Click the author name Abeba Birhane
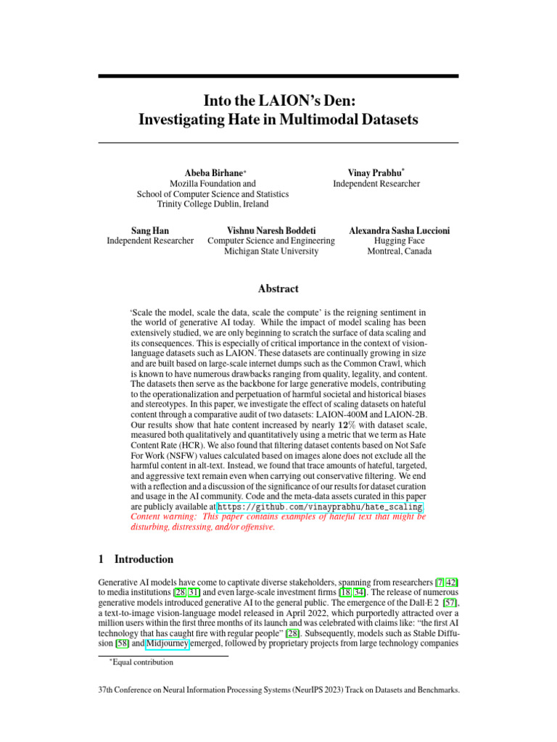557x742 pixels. click(215, 173)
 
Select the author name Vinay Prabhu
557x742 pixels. click(375, 172)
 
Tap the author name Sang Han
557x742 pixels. click(150, 230)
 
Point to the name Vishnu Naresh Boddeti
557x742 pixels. click(271, 230)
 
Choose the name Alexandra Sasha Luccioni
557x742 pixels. click(399, 230)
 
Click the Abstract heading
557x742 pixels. click(278, 288)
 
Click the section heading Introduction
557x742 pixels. click(144, 559)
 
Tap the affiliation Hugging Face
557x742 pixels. click(399, 241)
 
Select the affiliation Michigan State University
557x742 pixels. click(271, 251)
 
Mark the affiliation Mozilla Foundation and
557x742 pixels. click(213, 184)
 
